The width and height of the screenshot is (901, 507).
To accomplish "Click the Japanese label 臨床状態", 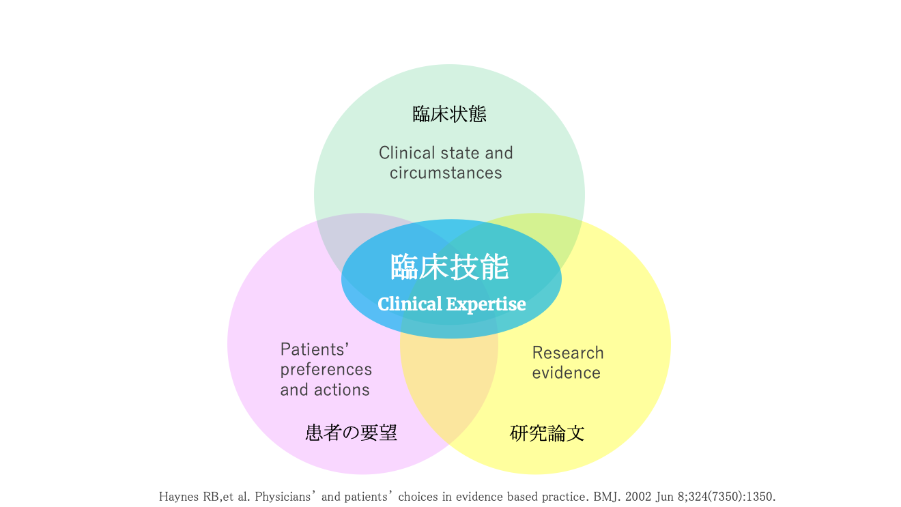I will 449,114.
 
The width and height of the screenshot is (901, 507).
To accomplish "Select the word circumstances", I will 446,173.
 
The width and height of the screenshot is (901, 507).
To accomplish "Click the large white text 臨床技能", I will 450,267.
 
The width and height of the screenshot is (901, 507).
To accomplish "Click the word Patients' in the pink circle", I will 315,349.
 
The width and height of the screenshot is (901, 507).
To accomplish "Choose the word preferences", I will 326,370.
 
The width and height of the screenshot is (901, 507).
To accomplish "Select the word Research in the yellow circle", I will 568,353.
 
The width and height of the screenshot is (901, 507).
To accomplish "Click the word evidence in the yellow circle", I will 567,373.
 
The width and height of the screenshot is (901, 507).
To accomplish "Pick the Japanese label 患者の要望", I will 351,433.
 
